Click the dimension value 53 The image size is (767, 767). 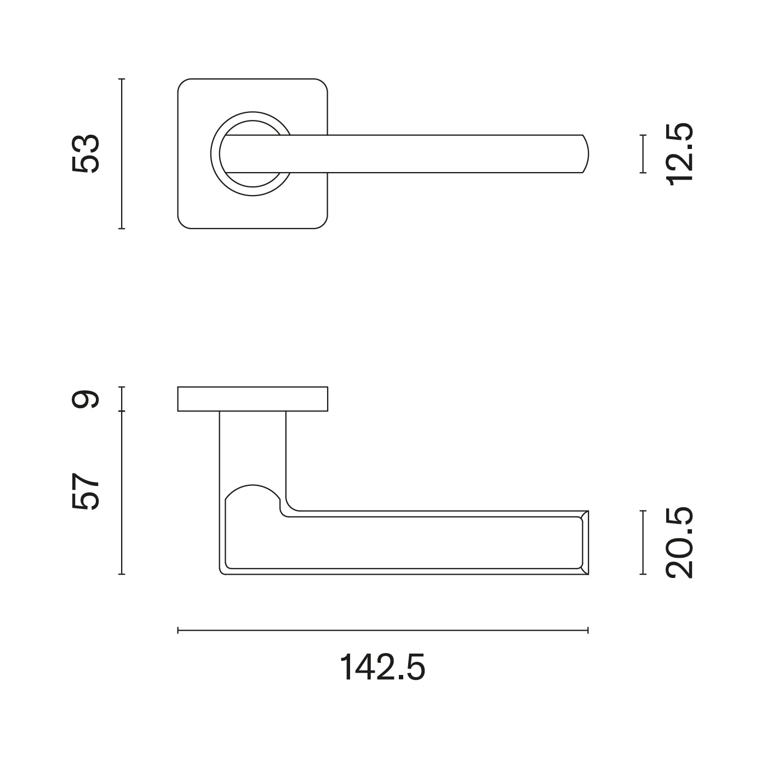point(86,153)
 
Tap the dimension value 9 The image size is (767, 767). point(86,398)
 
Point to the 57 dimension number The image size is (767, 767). point(86,491)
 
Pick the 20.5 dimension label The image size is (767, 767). point(680,542)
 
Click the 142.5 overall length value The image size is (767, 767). point(382,667)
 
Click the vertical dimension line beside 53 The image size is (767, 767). point(122,153)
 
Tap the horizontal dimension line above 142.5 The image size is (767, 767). point(382,631)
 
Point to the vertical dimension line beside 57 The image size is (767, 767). point(122,493)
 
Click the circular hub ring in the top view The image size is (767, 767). point(214,154)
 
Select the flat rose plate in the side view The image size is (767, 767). point(253,399)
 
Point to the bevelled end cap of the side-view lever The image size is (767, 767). point(585,542)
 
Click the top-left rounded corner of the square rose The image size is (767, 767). point(183,84)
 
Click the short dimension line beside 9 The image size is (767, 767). point(122,399)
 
